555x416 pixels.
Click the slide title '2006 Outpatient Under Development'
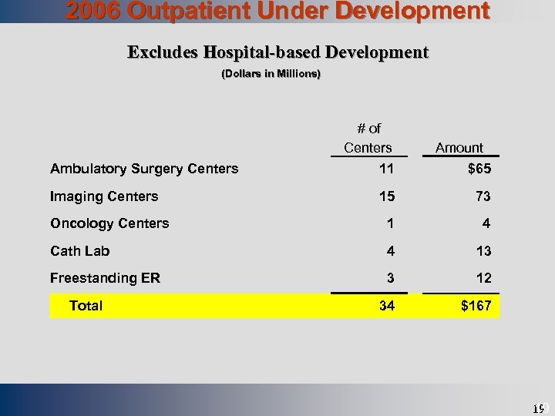[x=277, y=11]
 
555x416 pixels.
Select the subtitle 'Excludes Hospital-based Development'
[x=277, y=52]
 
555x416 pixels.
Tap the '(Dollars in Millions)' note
[x=271, y=75]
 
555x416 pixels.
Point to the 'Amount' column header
[x=459, y=147]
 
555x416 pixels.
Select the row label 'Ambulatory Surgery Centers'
[x=144, y=169]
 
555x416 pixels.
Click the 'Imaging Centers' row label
[x=104, y=196]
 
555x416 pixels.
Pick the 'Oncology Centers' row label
[x=109, y=223]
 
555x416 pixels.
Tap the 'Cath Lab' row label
[x=79, y=251]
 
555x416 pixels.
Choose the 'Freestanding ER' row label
[x=105, y=278]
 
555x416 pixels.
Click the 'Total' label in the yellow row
[x=86, y=306]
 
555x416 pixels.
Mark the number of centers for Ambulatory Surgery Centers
[x=387, y=169]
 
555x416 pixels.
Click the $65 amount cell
[x=476, y=169]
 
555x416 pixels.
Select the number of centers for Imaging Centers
[x=387, y=196]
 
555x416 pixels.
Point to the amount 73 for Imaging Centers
[x=483, y=196]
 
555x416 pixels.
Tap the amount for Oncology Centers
[x=486, y=223]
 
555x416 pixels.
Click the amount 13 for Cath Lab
[x=483, y=251]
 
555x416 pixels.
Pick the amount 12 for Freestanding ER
[x=483, y=278]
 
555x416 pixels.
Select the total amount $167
[x=476, y=306]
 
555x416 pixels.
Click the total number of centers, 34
[x=387, y=306]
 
